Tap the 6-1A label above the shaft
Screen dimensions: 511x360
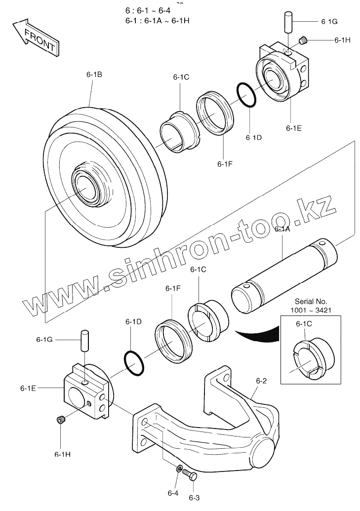click(282, 229)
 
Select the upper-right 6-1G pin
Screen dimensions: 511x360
click(289, 23)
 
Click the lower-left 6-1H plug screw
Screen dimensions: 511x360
click(61, 420)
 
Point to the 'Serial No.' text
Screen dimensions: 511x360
click(311, 301)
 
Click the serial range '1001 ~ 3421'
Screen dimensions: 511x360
click(311, 310)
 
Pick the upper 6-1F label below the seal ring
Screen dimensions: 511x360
click(225, 163)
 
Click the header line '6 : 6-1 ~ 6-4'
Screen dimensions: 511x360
click(148, 11)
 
